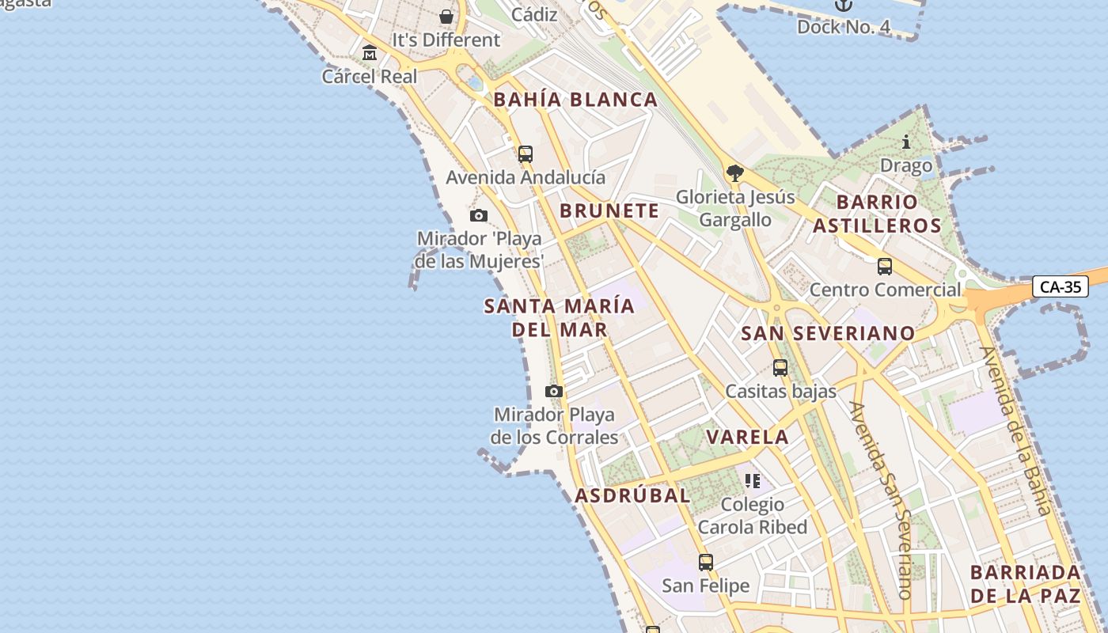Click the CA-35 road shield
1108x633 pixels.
(1060, 286)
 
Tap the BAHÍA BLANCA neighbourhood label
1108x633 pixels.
(575, 100)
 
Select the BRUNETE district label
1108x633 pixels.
(609, 210)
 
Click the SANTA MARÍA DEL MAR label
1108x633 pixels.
(560, 317)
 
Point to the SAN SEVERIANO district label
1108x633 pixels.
(828, 333)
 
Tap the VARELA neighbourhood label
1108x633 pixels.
(747, 437)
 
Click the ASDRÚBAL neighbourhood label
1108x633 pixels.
(632, 496)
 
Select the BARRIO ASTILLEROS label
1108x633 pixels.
(877, 214)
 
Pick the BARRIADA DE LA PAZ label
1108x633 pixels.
(1026, 584)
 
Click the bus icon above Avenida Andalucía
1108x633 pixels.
(526, 154)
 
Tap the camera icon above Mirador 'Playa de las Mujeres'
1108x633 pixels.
(478, 215)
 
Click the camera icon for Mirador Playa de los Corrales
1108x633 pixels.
(554, 391)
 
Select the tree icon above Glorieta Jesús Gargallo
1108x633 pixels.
(735, 172)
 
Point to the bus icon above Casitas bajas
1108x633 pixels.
(780, 367)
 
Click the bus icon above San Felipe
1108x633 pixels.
(705, 563)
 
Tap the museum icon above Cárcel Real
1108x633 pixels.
(370, 53)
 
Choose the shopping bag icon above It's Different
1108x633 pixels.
(446, 16)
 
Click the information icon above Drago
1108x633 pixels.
(906, 142)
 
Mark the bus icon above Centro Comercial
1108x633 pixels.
(885, 267)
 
